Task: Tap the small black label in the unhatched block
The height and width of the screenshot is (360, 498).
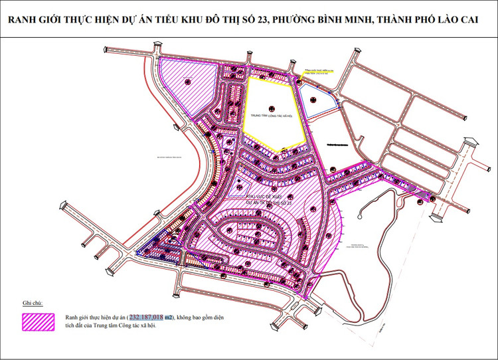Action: coord(337,143)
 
